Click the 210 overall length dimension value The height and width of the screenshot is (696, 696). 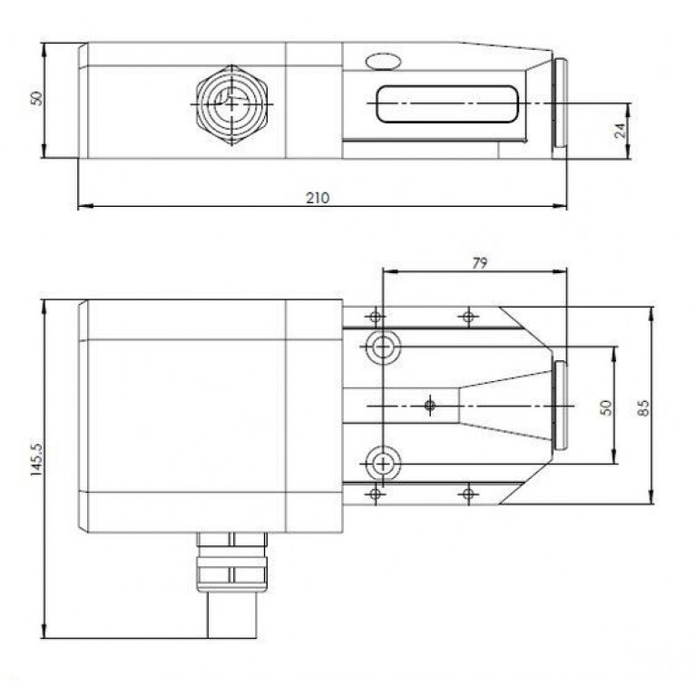pyautogui.click(x=318, y=197)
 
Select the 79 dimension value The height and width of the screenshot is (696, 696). pyautogui.click(x=480, y=263)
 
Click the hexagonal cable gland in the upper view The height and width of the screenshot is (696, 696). pyautogui.click(x=233, y=104)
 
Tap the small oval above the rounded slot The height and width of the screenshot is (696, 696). pyautogui.click(x=382, y=62)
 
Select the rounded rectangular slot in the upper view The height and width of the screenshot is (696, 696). pyautogui.click(x=446, y=104)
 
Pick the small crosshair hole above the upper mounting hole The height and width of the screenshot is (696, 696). pyautogui.click(x=374, y=316)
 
